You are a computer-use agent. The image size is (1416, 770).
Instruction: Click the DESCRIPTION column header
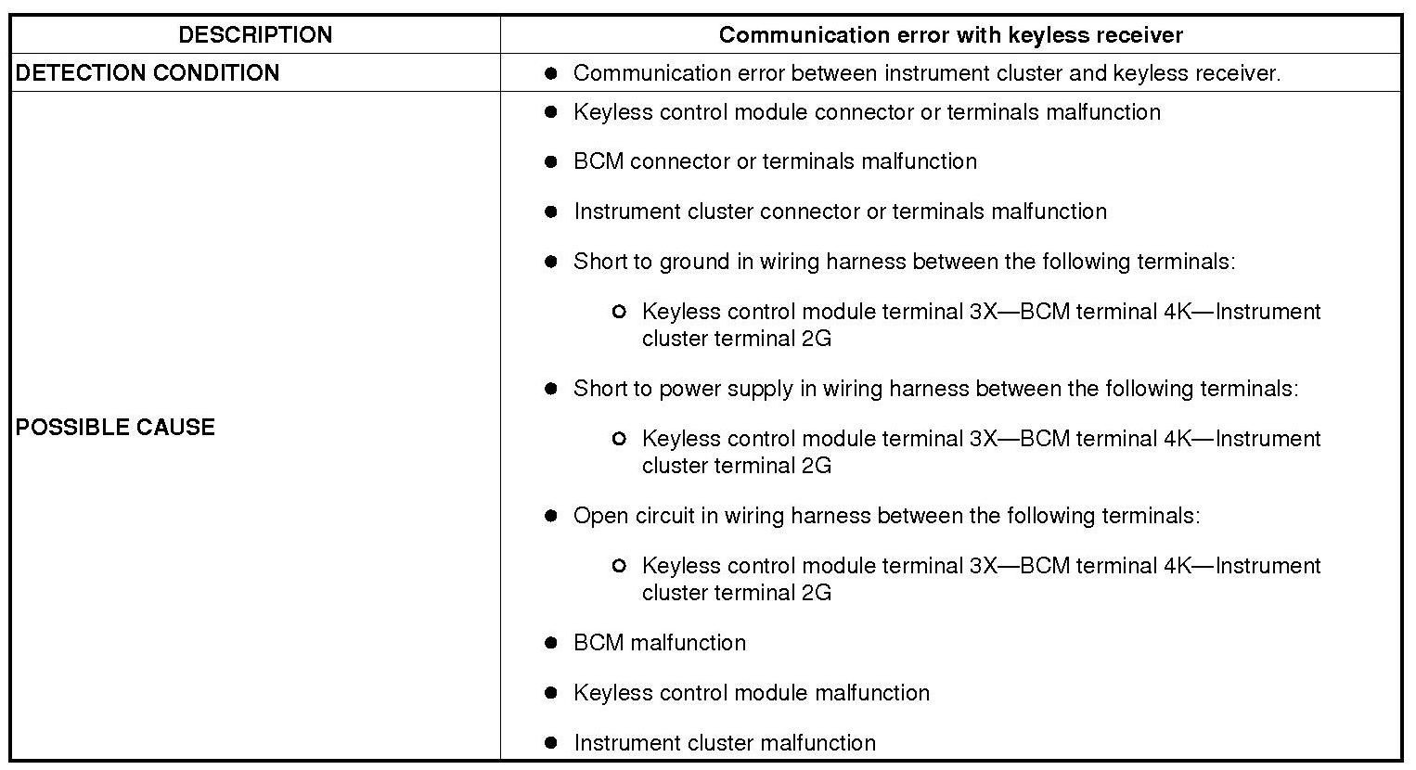(x=255, y=35)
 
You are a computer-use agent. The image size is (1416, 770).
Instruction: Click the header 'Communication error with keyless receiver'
(x=950, y=35)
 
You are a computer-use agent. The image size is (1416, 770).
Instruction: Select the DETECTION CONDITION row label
(x=148, y=73)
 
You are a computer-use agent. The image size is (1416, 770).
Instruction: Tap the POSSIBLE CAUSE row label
(x=115, y=427)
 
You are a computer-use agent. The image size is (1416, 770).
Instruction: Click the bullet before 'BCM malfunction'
(x=551, y=643)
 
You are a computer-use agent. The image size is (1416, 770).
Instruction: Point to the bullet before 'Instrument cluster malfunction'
(x=551, y=743)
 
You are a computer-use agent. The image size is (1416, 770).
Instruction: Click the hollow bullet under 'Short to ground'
(x=619, y=312)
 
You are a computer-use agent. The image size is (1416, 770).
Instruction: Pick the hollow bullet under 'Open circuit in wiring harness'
(x=619, y=566)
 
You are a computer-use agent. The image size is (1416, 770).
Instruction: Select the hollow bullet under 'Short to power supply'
(x=619, y=439)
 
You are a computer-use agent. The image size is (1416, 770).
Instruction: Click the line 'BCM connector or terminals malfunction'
(x=775, y=161)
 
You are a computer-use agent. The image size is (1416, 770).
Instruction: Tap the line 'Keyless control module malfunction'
(x=751, y=693)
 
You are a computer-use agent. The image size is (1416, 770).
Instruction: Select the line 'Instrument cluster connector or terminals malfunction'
(x=840, y=212)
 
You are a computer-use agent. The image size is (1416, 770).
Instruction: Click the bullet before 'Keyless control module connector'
(x=551, y=112)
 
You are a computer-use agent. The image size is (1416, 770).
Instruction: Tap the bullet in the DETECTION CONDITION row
(x=551, y=73)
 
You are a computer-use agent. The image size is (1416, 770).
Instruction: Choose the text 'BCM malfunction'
(x=659, y=643)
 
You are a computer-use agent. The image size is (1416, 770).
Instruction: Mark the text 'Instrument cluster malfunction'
(x=724, y=743)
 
